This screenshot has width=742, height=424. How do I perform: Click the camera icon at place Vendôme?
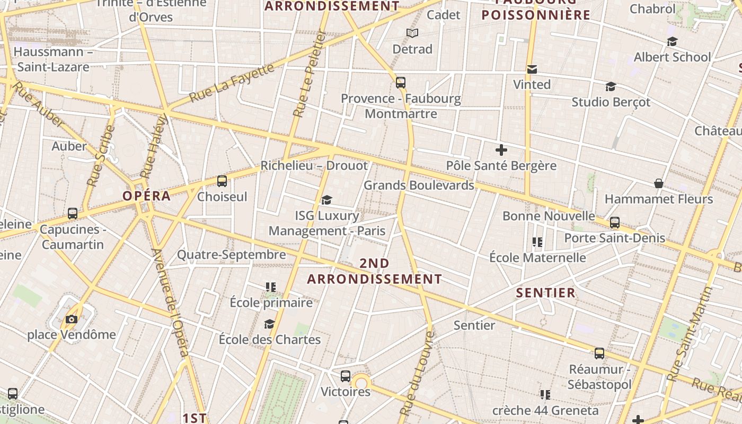(72, 319)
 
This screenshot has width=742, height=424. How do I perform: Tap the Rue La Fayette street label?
(232, 83)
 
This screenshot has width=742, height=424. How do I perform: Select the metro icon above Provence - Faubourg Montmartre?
(401, 83)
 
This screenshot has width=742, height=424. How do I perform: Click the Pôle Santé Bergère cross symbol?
(501, 150)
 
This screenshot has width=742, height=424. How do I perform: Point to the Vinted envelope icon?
(532, 69)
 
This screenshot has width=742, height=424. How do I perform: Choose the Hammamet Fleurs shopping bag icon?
(658, 183)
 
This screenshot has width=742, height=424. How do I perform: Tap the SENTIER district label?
(545, 293)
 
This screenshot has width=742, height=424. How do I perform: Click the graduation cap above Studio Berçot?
(611, 86)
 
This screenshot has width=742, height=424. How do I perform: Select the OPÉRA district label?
(147, 196)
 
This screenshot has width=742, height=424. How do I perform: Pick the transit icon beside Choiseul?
(222, 181)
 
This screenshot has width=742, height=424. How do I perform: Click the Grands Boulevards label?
(419, 185)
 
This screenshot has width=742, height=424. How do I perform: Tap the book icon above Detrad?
(412, 33)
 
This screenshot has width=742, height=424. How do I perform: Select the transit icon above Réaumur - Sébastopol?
(599, 354)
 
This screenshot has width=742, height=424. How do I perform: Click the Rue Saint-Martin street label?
(690, 334)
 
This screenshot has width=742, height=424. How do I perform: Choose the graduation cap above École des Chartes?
(270, 324)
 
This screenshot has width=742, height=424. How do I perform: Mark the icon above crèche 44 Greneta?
(545, 395)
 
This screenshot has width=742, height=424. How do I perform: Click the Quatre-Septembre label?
(231, 255)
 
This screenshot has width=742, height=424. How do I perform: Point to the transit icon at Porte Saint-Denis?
(615, 223)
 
